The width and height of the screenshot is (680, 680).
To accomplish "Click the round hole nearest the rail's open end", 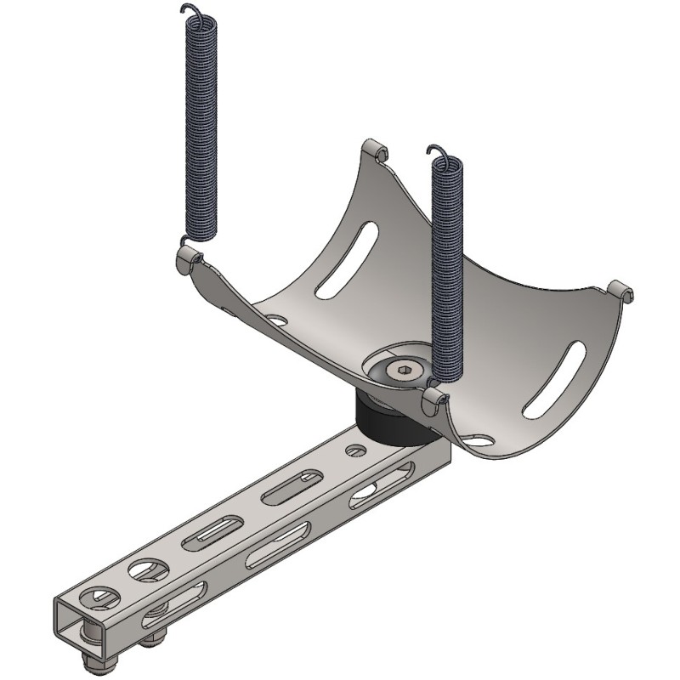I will click(x=98, y=597).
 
